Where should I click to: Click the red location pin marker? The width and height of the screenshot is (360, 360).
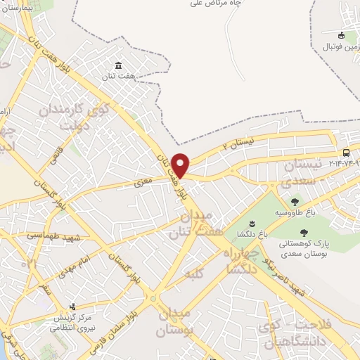181,165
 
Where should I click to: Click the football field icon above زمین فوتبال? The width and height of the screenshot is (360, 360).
342,35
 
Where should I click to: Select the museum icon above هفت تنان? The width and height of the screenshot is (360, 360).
118,65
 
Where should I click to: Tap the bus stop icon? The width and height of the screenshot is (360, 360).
346,153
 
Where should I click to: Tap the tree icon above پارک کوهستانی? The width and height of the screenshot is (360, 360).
304,233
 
